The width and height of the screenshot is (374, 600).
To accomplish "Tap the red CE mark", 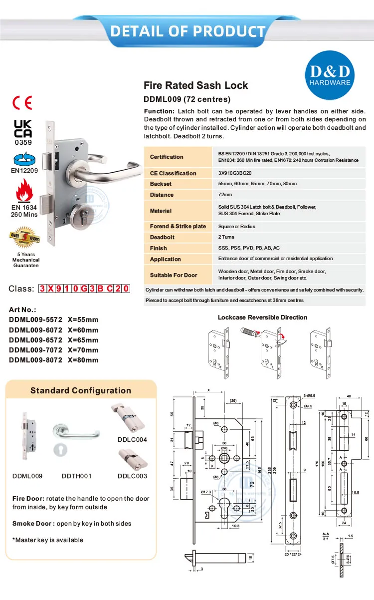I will (22, 103).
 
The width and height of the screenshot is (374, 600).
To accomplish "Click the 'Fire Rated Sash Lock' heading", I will (195, 85).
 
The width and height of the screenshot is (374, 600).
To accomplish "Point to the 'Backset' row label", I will (161, 184).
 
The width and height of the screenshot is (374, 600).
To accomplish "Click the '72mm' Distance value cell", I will (225, 195).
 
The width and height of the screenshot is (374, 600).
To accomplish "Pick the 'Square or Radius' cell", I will (237, 227).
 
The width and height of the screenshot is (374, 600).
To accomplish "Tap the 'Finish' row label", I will (159, 248).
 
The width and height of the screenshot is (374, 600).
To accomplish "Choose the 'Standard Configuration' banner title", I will (81, 391).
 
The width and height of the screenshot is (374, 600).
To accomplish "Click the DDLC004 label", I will (132, 440).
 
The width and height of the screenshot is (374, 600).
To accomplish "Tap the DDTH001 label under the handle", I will (77, 476).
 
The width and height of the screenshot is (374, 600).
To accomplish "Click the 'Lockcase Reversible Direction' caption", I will (263, 317).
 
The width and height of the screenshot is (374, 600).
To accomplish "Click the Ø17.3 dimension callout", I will (207, 493).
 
